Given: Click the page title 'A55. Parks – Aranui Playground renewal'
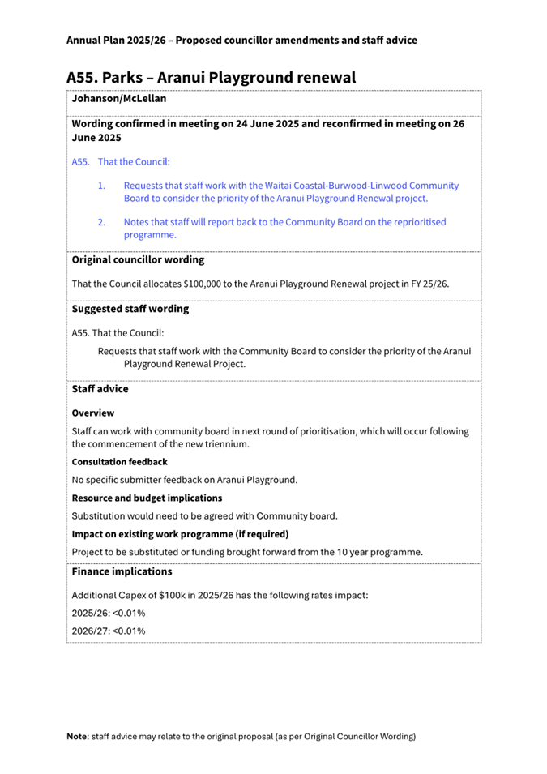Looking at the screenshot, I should click(211, 78).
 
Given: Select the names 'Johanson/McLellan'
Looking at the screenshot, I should click(119, 99).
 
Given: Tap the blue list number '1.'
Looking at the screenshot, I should click(101, 186).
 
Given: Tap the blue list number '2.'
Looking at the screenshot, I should click(101, 221).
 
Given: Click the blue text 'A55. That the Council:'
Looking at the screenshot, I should click(121, 161).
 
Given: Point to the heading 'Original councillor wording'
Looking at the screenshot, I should click(138, 260).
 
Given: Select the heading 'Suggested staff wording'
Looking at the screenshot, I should click(130, 309).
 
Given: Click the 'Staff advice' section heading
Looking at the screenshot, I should click(100, 389).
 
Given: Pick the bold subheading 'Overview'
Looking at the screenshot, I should click(93, 413).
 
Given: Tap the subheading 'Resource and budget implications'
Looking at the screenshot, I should click(147, 498).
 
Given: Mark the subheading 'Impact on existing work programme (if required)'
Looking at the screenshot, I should click(180, 534).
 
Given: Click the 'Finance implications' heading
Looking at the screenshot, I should click(122, 571).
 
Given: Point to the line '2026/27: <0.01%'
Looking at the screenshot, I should click(109, 631).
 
